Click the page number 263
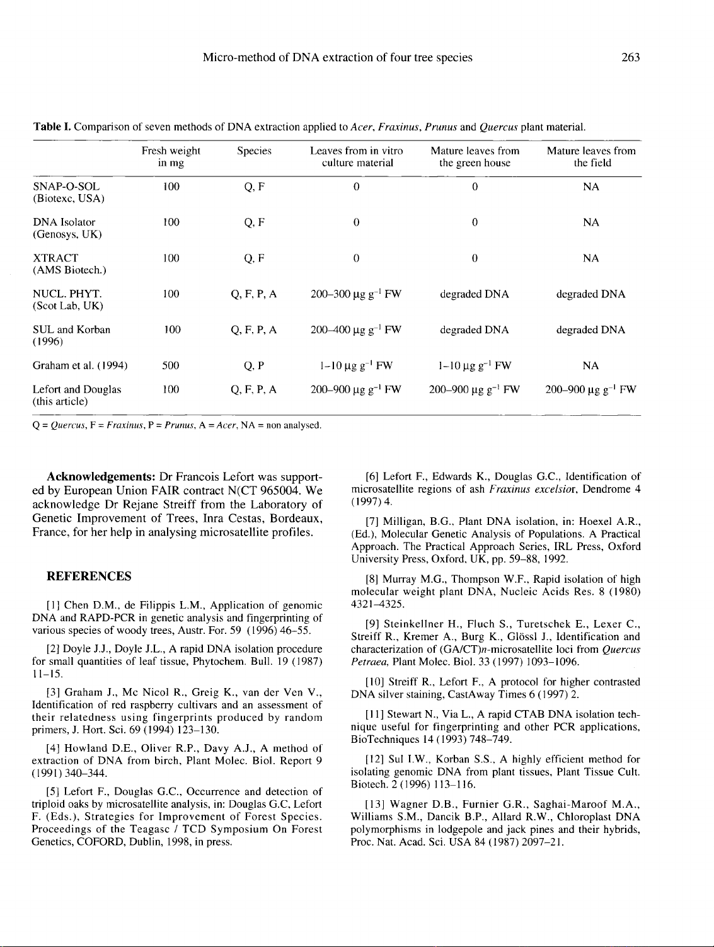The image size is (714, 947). coord(630,58)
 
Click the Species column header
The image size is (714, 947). coord(254,151)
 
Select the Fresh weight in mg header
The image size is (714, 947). coord(171,157)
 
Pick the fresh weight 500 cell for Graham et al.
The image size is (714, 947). coord(171,365)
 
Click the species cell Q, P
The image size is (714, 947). coord(254,365)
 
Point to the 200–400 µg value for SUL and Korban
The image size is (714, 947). coord(356,330)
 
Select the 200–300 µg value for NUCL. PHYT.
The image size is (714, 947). coord(356,294)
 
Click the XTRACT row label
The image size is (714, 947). coord(55,258)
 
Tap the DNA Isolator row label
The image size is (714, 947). coord(64,222)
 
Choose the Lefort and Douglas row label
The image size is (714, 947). coord(77,390)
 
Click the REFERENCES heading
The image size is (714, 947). coord(89,577)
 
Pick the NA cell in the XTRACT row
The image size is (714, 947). coord(591,258)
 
